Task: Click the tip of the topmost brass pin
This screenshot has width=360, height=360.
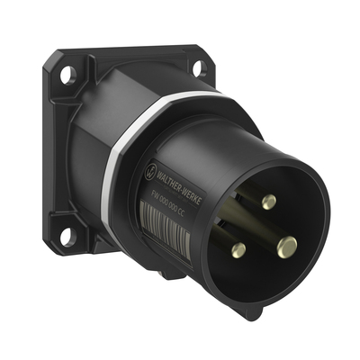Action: pyautogui.click(x=267, y=202)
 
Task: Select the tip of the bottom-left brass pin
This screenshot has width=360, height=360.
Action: pyautogui.click(x=238, y=250)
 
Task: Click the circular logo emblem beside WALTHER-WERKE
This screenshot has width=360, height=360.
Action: pyautogui.click(x=149, y=166)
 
